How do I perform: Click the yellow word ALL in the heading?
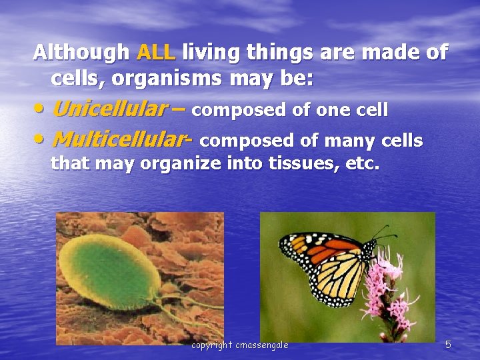(x=156, y=52)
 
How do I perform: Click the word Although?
(x=82, y=52)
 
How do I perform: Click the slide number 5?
(x=448, y=345)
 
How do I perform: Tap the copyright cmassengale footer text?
(x=240, y=345)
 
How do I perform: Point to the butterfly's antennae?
(x=381, y=233)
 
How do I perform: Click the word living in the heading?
(x=212, y=52)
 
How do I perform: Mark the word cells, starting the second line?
(x=78, y=79)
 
